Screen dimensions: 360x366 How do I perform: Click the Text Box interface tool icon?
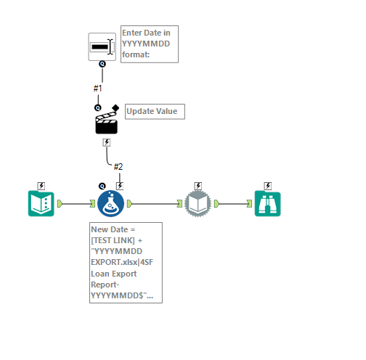coord(102,46)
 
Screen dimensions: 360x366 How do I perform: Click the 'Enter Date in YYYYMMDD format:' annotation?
coord(149,44)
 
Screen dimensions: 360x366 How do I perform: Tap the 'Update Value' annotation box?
coord(155,111)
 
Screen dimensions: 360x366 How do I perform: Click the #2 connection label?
coord(118,167)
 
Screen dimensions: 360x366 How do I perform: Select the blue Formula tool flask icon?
coord(111,204)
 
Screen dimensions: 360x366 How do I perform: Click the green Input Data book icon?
coord(41,204)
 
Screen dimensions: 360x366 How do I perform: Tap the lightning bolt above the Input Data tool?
coord(41,186)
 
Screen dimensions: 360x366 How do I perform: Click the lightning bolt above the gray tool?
coord(198,186)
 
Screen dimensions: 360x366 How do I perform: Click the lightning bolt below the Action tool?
coord(106,142)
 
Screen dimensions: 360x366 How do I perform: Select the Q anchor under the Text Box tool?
coord(102,64)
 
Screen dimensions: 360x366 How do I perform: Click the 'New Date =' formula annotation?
coord(126,262)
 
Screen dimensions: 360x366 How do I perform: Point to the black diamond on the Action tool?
coord(115,107)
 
